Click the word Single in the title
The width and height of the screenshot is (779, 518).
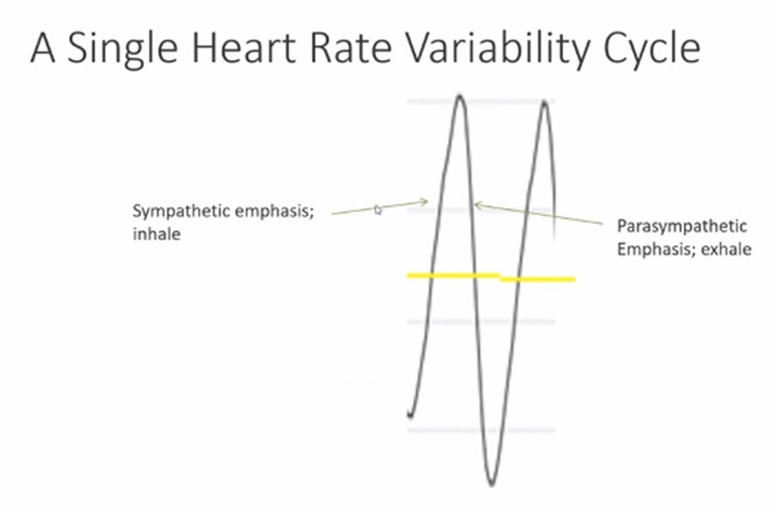pyautogui.click(x=122, y=49)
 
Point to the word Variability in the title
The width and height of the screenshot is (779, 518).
pyautogui.click(x=498, y=49)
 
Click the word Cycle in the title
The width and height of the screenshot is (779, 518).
pyautogui.click(x=652, y=49)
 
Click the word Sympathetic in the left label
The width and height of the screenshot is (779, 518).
pyautogui.click(x=182, y=212)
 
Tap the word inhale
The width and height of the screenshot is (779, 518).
pyautogui.click(x=157, y=234)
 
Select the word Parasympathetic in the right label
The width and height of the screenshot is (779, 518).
pyautogui.click(x=681, y=227)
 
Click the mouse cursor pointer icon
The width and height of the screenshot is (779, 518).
pyautogui.click(x=378, y=210)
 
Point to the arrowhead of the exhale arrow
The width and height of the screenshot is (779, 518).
pyautogui.click(x=476, y=204)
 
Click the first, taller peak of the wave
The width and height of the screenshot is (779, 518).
pyautogui.click(x=459, y=96)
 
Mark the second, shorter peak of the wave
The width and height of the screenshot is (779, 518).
pyautogui.click(x=544, y=103)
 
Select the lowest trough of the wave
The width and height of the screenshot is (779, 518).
pyautogui.click(x=492, y=484)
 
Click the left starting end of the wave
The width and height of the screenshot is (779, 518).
pyautogui.click(x=410, y=415)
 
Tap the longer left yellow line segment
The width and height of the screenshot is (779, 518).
pyautogui.click(x=453, y=275)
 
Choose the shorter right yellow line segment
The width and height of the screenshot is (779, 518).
pyautogui.click(x=537, y=279)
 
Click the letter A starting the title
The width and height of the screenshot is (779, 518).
pyautogui.click(x=42, y=48)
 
